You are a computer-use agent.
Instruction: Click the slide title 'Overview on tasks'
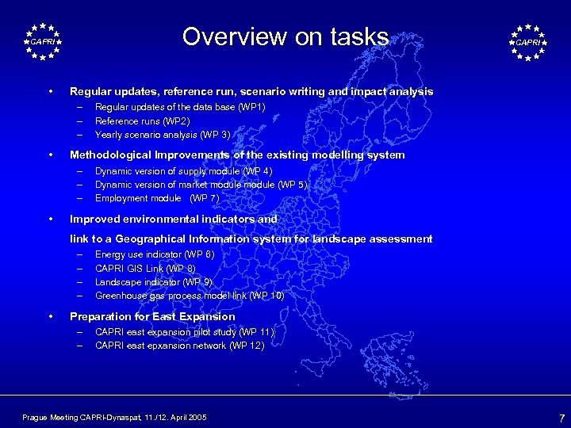point(285,37)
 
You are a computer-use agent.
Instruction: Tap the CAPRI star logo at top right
point(527,42)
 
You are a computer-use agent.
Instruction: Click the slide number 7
point(561,417)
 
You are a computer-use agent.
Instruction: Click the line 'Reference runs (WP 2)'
point(142,120)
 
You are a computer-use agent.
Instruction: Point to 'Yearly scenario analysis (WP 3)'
point(163,134)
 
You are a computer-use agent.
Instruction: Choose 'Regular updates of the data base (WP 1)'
point(180,107)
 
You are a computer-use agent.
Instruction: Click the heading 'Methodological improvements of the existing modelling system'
point(237,155)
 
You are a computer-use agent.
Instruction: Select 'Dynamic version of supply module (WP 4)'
point(183,171)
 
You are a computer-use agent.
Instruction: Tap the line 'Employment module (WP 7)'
point(157,198)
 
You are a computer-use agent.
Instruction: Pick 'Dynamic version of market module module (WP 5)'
point(201,185)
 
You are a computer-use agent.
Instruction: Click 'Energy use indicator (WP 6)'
point(155,254)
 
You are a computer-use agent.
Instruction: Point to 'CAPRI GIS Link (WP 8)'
point(145,269)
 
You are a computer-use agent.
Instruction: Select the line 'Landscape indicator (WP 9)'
point(153,282)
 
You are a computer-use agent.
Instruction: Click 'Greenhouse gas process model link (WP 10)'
point(190,296)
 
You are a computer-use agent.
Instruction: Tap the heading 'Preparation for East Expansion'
point(152,316)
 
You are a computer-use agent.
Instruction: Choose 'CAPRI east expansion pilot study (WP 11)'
point(184,332)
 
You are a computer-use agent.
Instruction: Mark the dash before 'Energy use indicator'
point(79,254)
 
